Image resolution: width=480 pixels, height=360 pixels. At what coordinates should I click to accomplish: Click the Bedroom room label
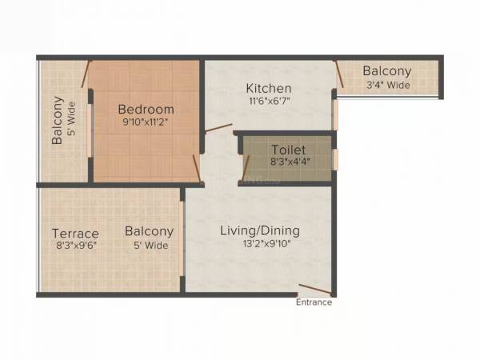pyautogui.click(x=146, y=109)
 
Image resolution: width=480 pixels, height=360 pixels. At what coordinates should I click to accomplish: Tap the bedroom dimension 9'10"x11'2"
pyautogui.click(x=146, y=122)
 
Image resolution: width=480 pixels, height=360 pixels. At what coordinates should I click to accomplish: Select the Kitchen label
pyautogui.click(x=268, y=88)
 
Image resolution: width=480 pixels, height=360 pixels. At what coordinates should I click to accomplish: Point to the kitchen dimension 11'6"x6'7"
pyautogui.click(x=268, y=102)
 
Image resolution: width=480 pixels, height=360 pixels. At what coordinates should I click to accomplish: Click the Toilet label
pyautogui.click(x=289, y=150)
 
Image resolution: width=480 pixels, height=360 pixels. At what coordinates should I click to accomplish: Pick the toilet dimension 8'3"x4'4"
pyautogui.click(x=289, y=162)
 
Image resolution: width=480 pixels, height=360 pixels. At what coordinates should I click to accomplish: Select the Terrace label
pyautogui.click(x=76, y=234)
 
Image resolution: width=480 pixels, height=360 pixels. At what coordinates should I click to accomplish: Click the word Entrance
pyautogui.click(x=314, y=302)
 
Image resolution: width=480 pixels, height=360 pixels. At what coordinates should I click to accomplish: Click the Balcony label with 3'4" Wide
pyautogui.click(x=386, y=71)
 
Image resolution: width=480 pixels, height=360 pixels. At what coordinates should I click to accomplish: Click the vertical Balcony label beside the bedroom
pyautogui.click(x=58, y=120)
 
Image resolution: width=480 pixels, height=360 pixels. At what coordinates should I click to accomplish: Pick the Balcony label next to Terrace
pyautogui.click(x=149, y=232)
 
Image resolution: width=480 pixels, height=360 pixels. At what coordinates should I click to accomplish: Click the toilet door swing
pyautogui.click(x=246, y=169)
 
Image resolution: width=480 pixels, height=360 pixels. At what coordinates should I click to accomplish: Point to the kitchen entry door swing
pyautogui.click(x=218, y=128)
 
